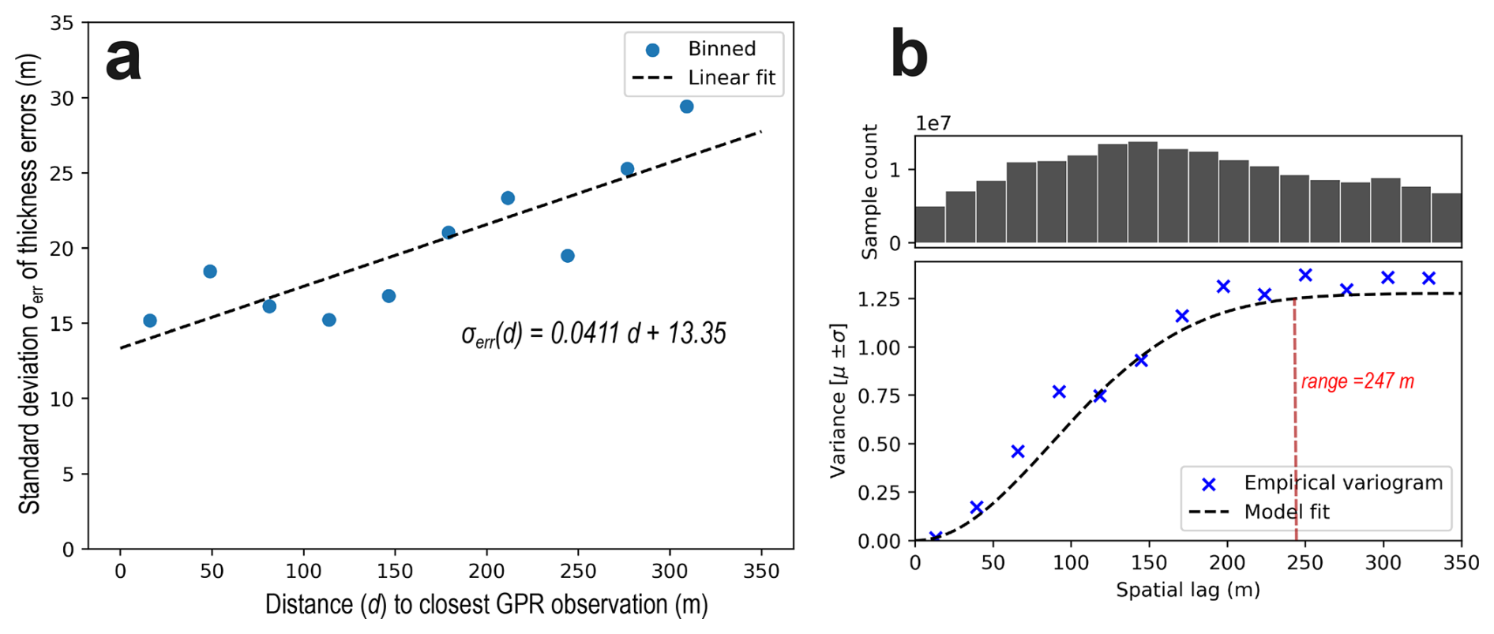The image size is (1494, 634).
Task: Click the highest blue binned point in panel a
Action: click(686, 107)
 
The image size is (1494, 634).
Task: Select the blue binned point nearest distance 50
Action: click(210, 272)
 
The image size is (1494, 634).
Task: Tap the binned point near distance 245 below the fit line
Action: click(567, 256)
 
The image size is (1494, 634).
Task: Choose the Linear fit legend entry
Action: click(704, 77)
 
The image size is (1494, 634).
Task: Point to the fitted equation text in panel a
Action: click(593, 333)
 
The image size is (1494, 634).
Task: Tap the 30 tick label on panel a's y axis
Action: click(62, 99)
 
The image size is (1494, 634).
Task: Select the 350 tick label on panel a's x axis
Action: click(761, 571)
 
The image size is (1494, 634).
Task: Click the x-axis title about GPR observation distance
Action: click(486, 605)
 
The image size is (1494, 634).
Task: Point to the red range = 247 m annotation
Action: click(1357, 381)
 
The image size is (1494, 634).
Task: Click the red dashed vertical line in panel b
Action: click(1295, 421)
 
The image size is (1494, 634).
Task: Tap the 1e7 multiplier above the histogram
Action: click(933, 123)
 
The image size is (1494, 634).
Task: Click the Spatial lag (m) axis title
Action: click(1188, 590)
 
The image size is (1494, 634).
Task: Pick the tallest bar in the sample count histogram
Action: click(1143, 193)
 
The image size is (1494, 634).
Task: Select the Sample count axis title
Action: click(869, 192)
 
